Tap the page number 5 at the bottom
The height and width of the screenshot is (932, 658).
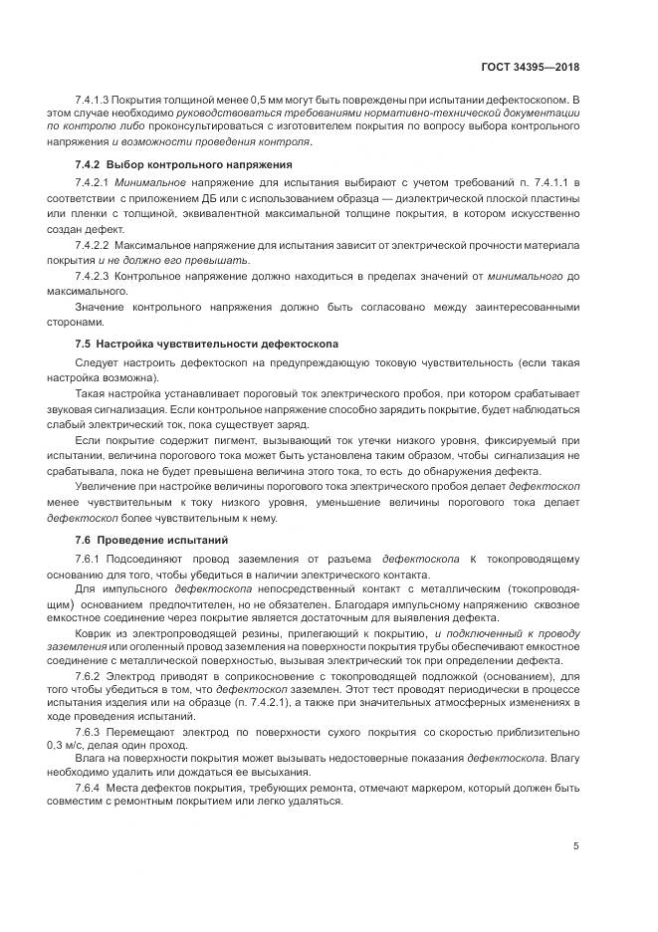click(x=576, y=846)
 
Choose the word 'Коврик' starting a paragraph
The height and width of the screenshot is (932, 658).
click(x=96, y=632)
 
